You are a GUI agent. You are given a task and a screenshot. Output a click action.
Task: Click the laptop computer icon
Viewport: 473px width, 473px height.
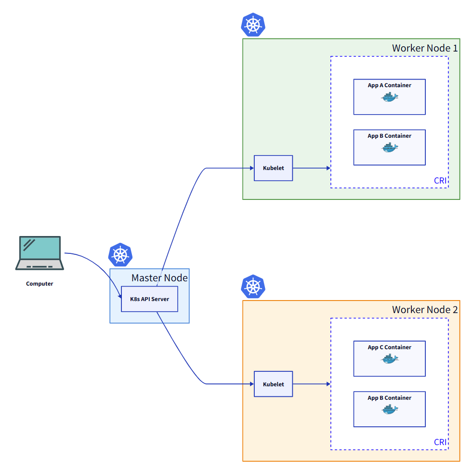click(x=39, y=253)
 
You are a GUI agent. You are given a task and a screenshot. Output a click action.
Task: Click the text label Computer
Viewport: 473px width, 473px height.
click(x=39, y=284)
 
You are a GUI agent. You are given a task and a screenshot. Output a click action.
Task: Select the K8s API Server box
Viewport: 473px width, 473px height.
click(x=149, y=299)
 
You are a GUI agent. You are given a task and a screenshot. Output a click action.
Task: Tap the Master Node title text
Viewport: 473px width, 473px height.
click(x=159, y=278)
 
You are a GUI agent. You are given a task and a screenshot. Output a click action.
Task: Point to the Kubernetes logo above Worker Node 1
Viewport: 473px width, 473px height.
click(x=253, y=25)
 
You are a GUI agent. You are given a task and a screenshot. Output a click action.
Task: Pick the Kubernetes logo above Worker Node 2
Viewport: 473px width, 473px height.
click(x=253, y=287)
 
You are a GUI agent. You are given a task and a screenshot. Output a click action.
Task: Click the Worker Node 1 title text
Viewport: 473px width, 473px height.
click(x=424, y=48)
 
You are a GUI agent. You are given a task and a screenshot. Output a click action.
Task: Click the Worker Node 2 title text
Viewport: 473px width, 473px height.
click(x=424, y=310)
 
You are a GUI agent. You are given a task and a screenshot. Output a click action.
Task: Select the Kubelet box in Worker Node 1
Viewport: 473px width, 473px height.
click(x=273, y=168)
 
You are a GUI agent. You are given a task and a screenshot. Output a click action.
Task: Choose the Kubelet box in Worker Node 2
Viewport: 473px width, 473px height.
click(x=273, y=384)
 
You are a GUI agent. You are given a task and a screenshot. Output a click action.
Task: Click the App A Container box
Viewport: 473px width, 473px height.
click(x=389, y=97)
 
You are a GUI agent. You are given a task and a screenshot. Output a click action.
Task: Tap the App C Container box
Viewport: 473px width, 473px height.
click(x=389, y=358)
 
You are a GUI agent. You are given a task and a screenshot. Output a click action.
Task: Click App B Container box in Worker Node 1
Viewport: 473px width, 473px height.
click(x=389, y=147)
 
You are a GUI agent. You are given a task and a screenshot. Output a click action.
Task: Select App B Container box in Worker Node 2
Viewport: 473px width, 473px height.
click(x=389, y=409)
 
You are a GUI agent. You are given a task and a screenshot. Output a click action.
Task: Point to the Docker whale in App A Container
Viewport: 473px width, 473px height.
click(x=390, y=98)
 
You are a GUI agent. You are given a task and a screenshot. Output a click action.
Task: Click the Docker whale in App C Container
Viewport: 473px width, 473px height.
click(x=390, y=359)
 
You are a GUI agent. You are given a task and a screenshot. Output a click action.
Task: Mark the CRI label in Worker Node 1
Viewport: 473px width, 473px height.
click(x=440, y=181)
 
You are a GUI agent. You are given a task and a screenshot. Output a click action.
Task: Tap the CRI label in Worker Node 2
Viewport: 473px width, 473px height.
click(x=440, y=442)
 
